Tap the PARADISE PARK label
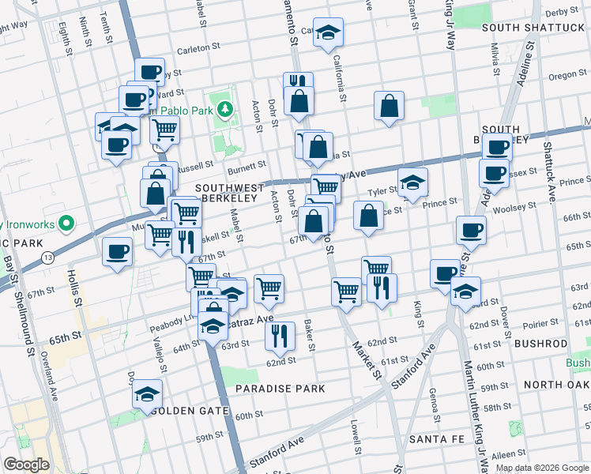pos(280,389)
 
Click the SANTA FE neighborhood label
pos(439,438)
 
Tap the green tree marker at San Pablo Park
pos(226,107)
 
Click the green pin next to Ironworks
pos(68,224)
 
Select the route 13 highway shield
pos(48,258)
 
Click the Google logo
pos(27,465)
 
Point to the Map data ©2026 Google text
pos(542,468)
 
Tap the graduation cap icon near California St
pos(329,32)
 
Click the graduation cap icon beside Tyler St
pos(412,182)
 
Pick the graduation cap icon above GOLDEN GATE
pos(147,393)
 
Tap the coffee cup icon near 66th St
pos(471,230)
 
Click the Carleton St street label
pos(198,47)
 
